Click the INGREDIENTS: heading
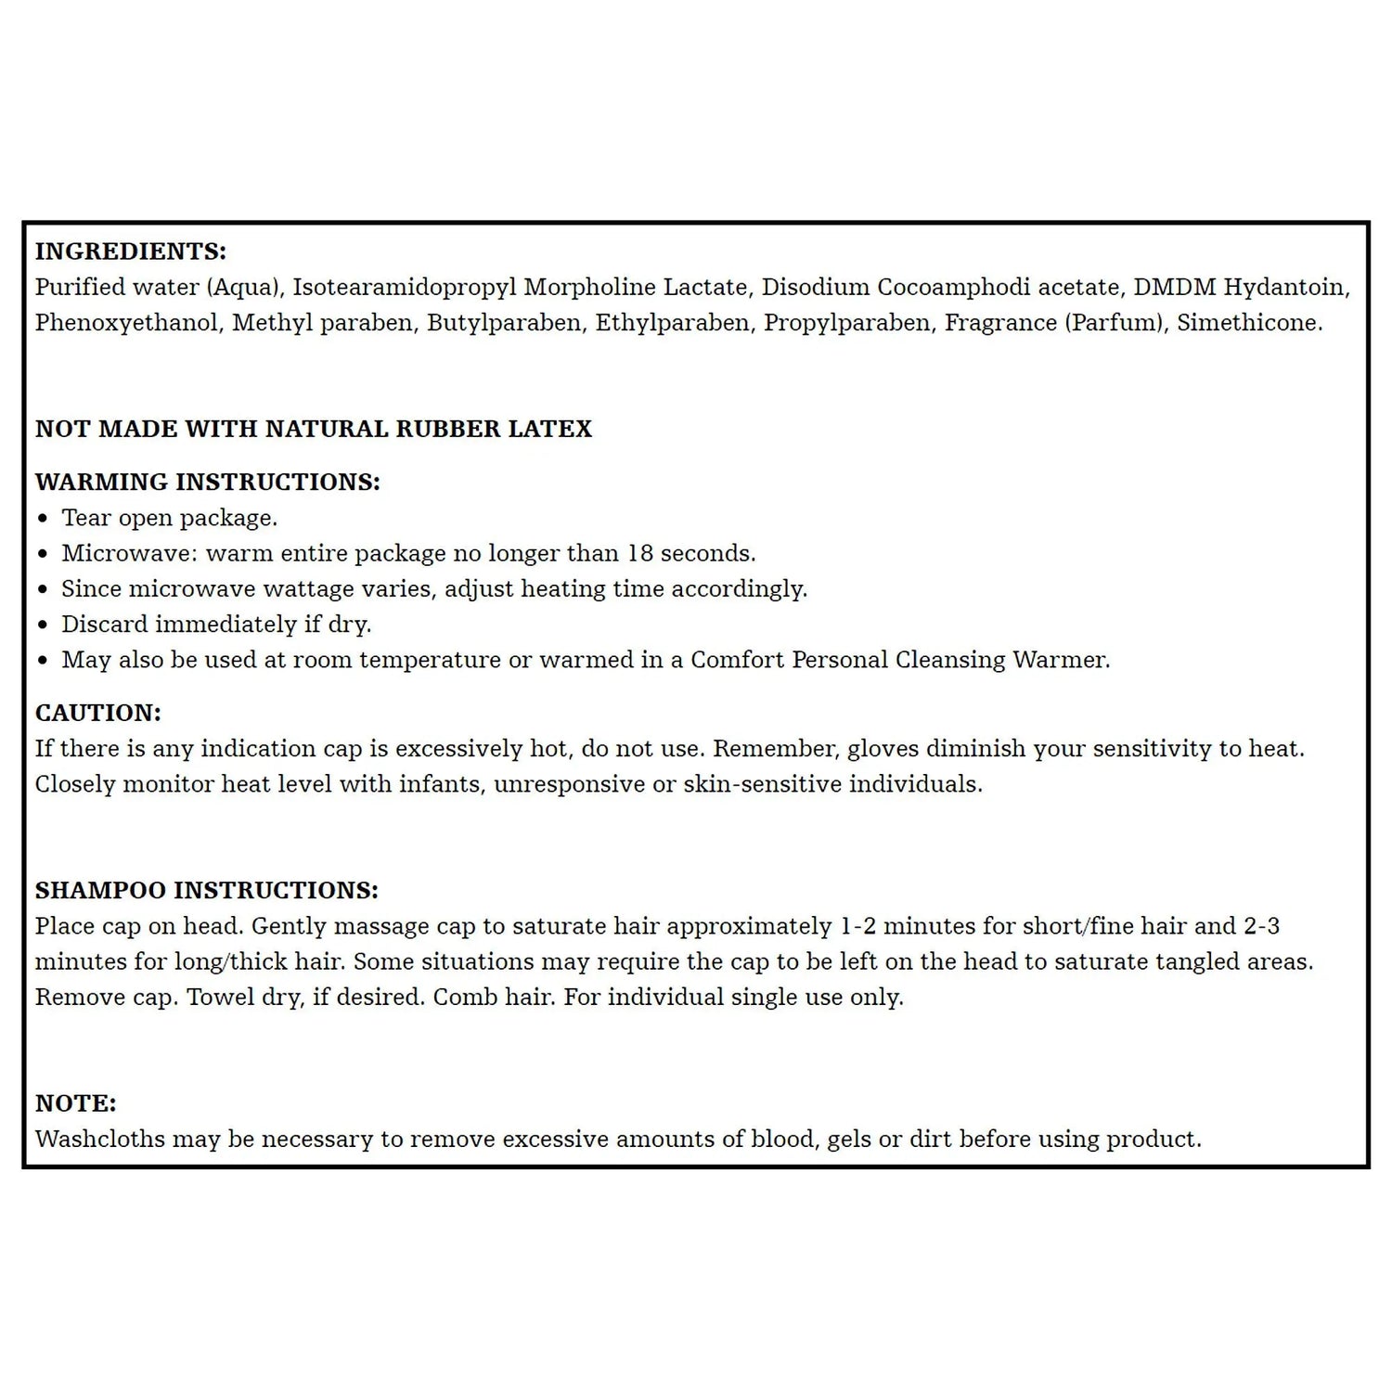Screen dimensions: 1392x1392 point(131,251)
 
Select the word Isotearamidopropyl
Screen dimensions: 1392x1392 point(405,288)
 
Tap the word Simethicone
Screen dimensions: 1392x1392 point(1249,323)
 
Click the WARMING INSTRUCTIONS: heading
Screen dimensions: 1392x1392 point(208,483)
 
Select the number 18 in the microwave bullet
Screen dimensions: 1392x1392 point(640,553)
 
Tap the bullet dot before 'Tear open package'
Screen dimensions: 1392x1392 point(43,519)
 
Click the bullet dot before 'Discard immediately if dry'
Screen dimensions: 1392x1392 point(43,625)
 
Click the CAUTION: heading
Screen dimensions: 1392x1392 point(98,713)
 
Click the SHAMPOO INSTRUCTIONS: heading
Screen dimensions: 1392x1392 point(207,891)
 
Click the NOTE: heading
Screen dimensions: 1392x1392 point(76,1103)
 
